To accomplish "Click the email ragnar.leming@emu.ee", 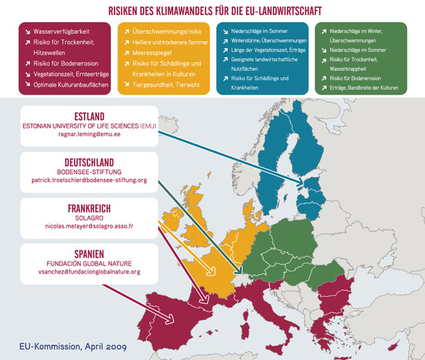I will pyautogui.click(x=86, y=135).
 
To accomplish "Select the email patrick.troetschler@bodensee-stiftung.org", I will pyautogui.click(x=85, y=180).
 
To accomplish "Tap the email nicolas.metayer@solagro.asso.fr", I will pyautogui.click(x=85, y=226).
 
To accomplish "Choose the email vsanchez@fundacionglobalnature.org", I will pyautogui.click(x=85, y=272).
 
